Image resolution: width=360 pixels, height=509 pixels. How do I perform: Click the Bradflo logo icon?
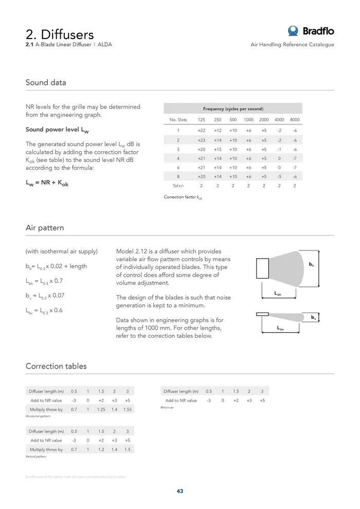click(293, 31)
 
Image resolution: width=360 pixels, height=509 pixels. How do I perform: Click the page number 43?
click(180, 491)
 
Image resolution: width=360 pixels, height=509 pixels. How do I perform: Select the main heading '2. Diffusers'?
click(60, 34)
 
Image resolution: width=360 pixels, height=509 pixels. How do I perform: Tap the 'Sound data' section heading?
click(46, 82)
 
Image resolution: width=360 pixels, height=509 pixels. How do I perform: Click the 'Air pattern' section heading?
click(45, 227)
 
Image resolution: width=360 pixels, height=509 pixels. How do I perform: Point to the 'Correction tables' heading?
click(56, 366)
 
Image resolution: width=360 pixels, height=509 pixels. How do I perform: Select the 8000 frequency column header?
click(295, 120)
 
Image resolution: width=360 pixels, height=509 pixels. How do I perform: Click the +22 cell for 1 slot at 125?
click(202, 131)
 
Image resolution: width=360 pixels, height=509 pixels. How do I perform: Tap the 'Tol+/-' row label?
click(178, 186)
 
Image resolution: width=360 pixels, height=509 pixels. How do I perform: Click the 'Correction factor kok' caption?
click(183, 197)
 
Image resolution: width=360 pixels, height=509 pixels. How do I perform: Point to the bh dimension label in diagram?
click(311, 264)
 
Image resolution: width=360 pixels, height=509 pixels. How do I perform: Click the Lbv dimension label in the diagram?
click(280, 328)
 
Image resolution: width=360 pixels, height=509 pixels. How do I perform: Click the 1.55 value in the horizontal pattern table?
click(128, 409)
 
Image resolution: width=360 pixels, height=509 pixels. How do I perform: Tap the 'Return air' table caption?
click(168, 408)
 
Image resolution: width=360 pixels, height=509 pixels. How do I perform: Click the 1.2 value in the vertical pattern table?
click(101, 449)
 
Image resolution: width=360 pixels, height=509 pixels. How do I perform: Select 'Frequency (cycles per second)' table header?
click(233, 108)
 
